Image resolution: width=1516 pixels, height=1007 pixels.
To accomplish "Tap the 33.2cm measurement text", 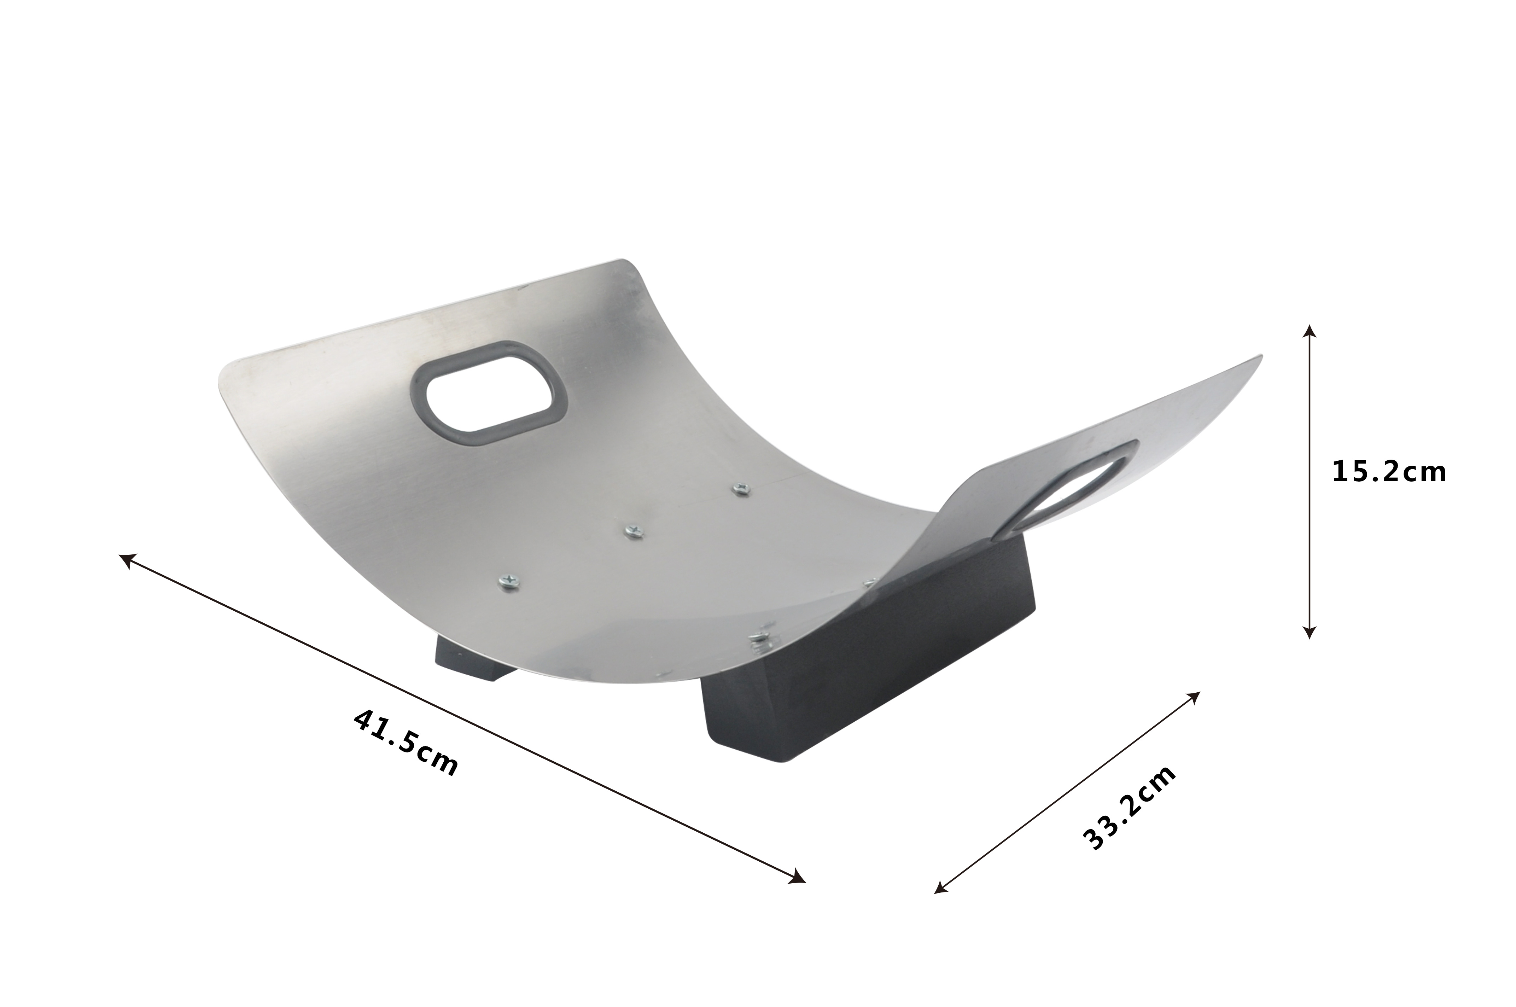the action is point(1130,807).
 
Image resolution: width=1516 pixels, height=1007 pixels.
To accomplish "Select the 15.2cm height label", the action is point(1389,472).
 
